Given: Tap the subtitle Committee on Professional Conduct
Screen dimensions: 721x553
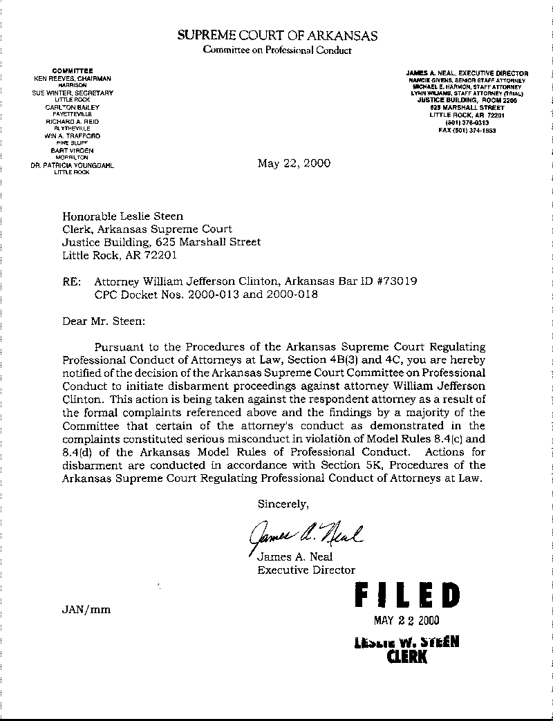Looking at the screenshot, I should (277, 50).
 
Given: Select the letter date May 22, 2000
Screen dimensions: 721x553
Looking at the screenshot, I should (294, 164).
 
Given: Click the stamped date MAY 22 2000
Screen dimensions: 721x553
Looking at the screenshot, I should (406, 620).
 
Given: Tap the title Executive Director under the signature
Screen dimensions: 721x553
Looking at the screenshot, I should (306, 570).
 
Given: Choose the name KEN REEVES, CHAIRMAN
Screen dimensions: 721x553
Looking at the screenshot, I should (72, 79).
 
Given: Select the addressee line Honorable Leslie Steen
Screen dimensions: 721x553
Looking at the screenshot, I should (123, 216).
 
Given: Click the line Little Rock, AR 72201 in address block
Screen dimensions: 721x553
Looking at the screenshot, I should (120, 255).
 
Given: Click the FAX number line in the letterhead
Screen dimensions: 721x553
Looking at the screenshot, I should (467, 131).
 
